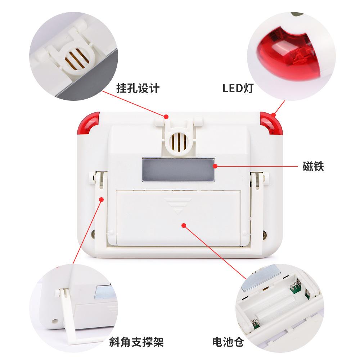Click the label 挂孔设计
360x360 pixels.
click(x=138, y=88)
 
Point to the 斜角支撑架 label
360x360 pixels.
click(x=139, y=341)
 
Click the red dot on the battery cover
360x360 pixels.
click(x=184, y=226)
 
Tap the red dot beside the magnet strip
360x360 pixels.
click(x=215, y=166)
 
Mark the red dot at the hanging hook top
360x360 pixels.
click(x=166, y=116)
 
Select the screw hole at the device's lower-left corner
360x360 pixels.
click(x=94, y=233)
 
